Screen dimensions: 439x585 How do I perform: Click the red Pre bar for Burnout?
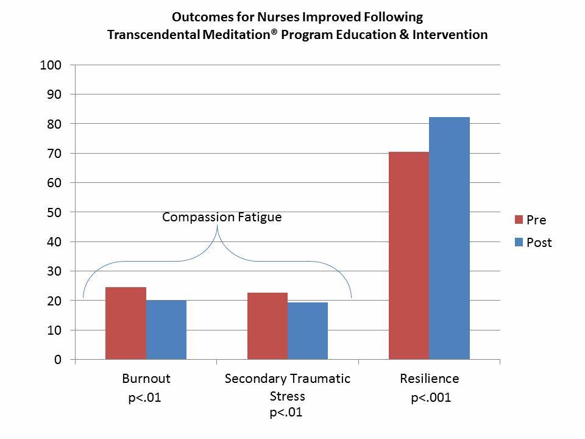click(126, 323)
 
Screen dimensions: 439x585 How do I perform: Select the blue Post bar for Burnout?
click(166, 330)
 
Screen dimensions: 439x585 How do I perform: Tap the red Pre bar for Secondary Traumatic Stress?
click(268, 326)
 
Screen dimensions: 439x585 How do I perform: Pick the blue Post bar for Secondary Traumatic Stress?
click(308, 331)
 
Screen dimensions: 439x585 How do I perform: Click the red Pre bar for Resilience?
click(409, 255)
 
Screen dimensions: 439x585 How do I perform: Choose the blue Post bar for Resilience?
click(450, 238)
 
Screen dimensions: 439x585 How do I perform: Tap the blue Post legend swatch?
click(519, 242)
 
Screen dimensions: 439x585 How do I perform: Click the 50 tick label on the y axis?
click(53, 213)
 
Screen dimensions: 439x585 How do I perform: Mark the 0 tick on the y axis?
click(57, 360)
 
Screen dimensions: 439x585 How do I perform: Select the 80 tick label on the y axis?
click(53, 124)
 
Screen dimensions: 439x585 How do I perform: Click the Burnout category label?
click(146, 379)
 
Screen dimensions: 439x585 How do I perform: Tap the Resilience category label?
click(429, 379)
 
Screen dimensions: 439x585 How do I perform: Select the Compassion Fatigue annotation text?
click(222, 216)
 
